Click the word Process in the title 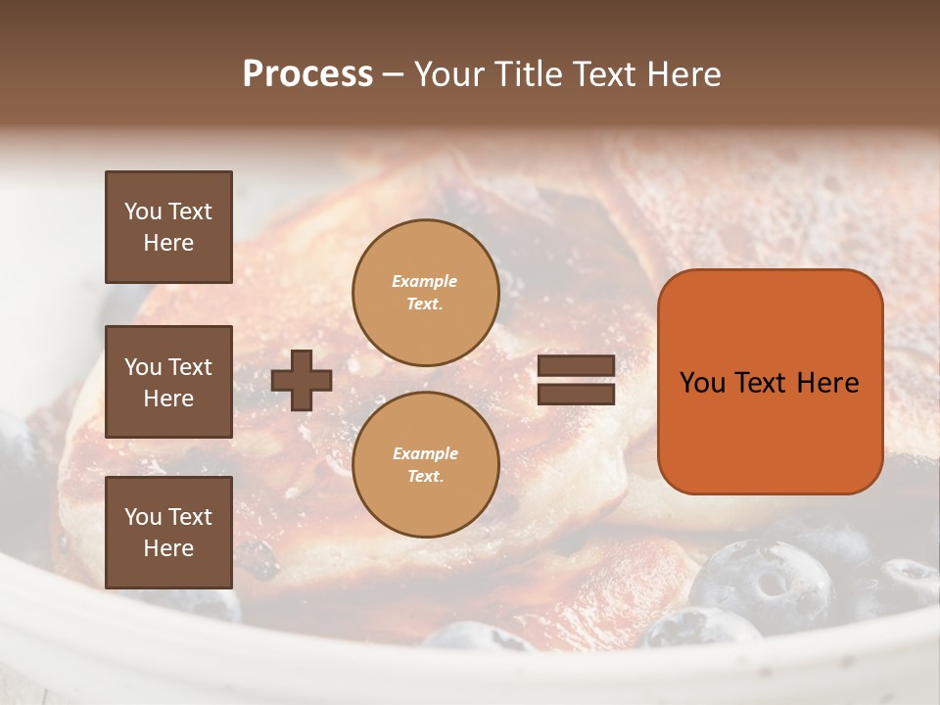(x=307, y=74)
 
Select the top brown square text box (x=168, y=227)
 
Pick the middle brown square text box (x=168, y=382)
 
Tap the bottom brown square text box (x=168, y=533)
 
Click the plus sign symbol (x=302, y=380)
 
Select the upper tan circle (x=425, y=293)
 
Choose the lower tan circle (x=425, y=465)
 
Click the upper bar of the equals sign (x=576, y=365)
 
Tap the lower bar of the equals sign (x=576, y=394)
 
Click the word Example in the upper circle (x=424, y=281)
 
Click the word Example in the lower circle (x=424, y=453)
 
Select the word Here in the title (x=683, y=74)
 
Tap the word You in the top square (x=143, y=211)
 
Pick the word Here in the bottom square (x=168, y=548)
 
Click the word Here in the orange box (x=828, y=383)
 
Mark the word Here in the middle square (x=168, y=399)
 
